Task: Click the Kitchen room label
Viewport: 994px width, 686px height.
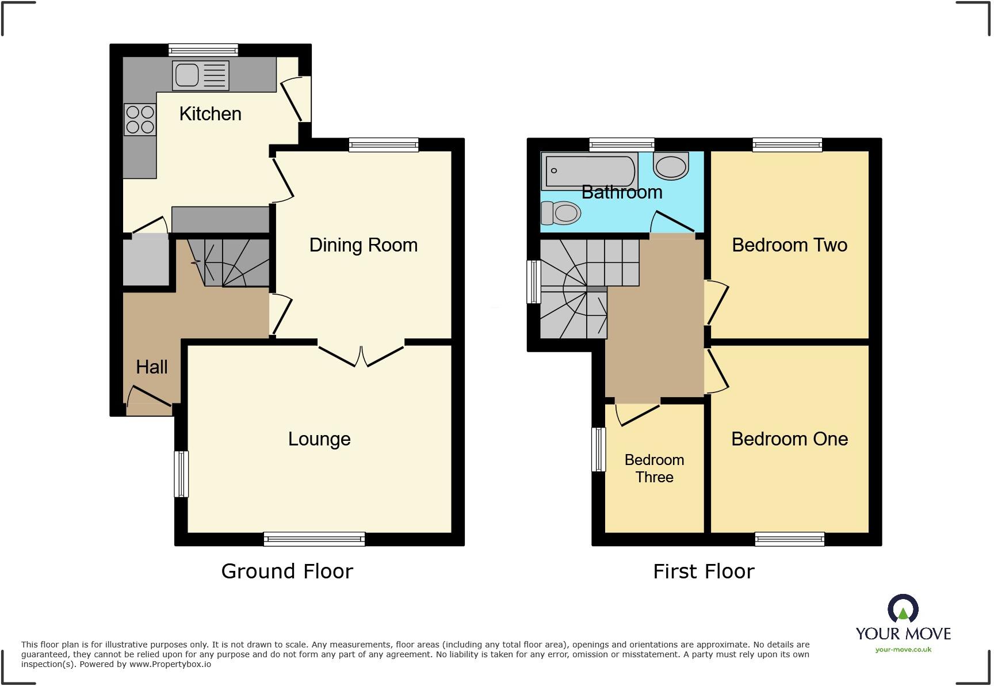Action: click(210, 114)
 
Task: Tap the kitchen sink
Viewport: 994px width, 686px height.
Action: click(201, 75)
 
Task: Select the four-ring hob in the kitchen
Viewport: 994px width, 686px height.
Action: click(140, 120)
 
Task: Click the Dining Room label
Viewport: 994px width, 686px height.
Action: click(363, 245)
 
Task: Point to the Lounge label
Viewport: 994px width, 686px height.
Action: click(319, 439)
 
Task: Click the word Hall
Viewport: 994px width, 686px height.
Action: click(152, 367)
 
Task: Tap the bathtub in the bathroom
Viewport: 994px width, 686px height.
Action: click(590, 171)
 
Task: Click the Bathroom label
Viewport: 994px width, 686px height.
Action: click(622, 192)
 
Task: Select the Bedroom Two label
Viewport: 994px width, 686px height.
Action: click(789, 245)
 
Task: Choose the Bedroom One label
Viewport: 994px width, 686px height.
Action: click(789, 439)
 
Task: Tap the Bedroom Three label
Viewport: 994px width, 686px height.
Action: click(655, 468)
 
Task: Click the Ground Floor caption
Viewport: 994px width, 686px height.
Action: click(287, 571)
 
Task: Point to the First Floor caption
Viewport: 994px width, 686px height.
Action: click(704, 571)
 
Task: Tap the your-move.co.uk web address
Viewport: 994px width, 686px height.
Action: click(903, 650)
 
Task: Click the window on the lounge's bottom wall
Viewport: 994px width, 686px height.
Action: click(314, 539)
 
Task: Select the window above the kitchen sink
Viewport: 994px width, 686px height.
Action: click(203, 50)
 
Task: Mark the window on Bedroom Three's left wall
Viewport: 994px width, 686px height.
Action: click(599, 449)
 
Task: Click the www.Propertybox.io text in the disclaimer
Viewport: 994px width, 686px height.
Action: click(170, 664)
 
